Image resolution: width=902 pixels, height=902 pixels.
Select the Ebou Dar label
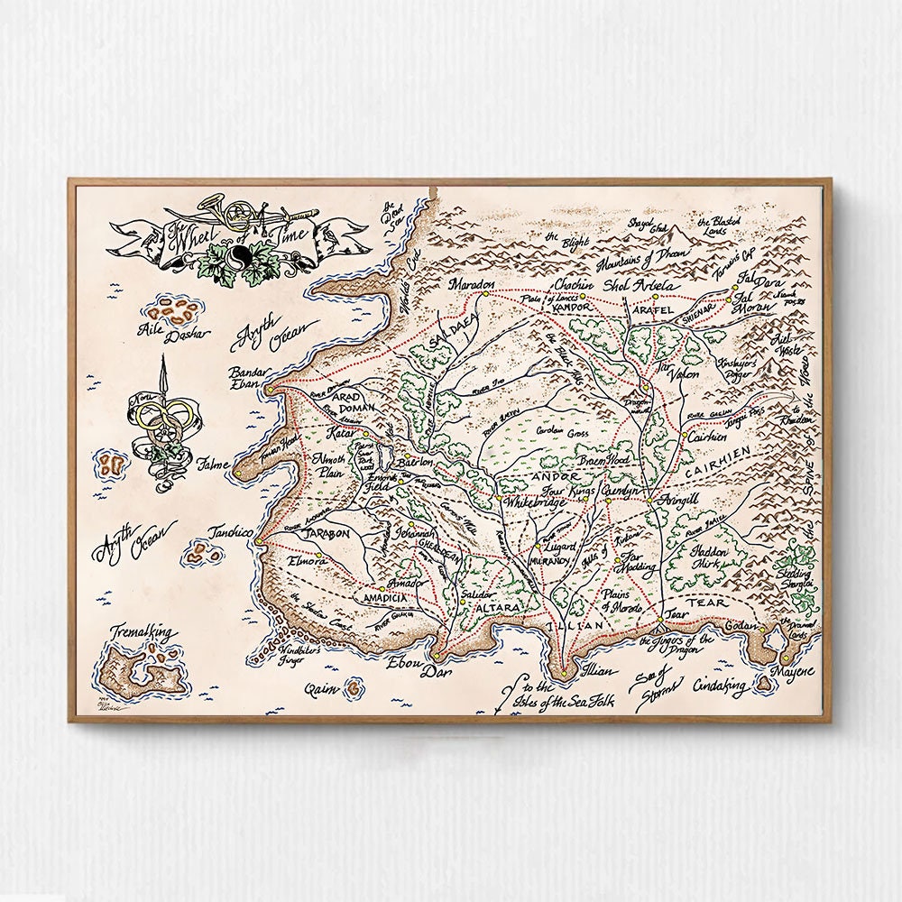pos(418,668)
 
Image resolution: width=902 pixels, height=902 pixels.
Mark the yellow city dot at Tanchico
pos(259,542)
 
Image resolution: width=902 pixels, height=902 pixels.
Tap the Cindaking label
pos(720,688)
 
